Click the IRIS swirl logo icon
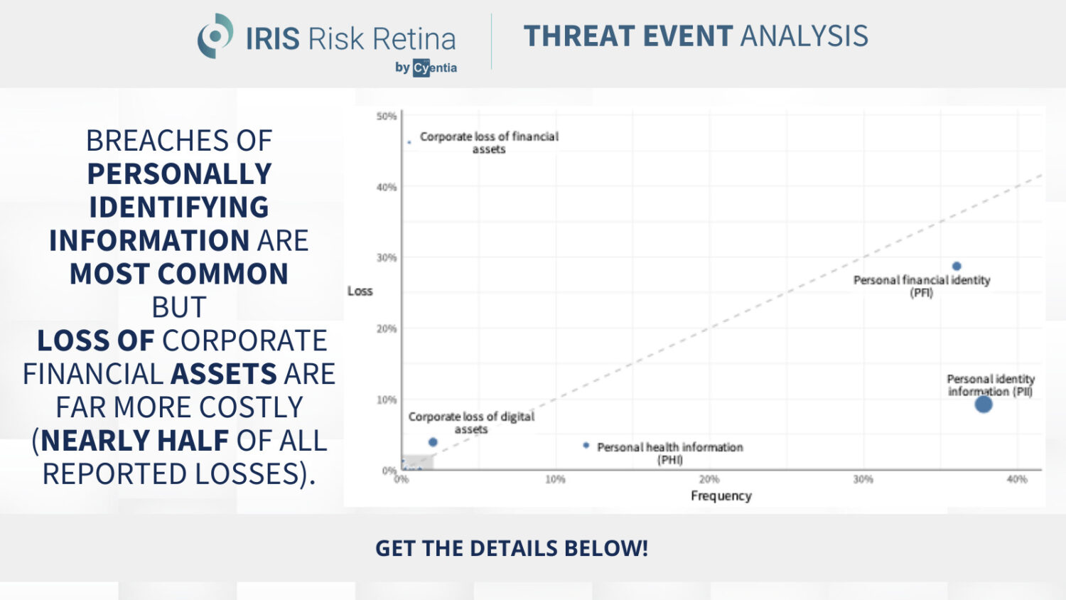coord(215,36)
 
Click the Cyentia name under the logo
coord(434,68)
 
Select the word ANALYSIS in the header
coord(804,36)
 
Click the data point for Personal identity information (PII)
coord(983,405)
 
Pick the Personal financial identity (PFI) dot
coord(957,267)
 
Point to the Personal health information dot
coord(586,446)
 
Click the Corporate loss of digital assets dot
coord(433,442)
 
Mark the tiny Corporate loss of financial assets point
coord(409,142)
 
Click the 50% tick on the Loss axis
coord(387,116)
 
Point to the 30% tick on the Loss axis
coord(387,257)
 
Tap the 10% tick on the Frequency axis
coord(555,480)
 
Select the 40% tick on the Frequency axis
coord(1016,480)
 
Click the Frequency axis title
coord(721,495)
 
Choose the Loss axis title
coord(360,291)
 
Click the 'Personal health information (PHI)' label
coord(669,453)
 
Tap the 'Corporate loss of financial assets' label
coord(489,142)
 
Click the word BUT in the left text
coord(179,307)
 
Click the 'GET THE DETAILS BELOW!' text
coord(512,548)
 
